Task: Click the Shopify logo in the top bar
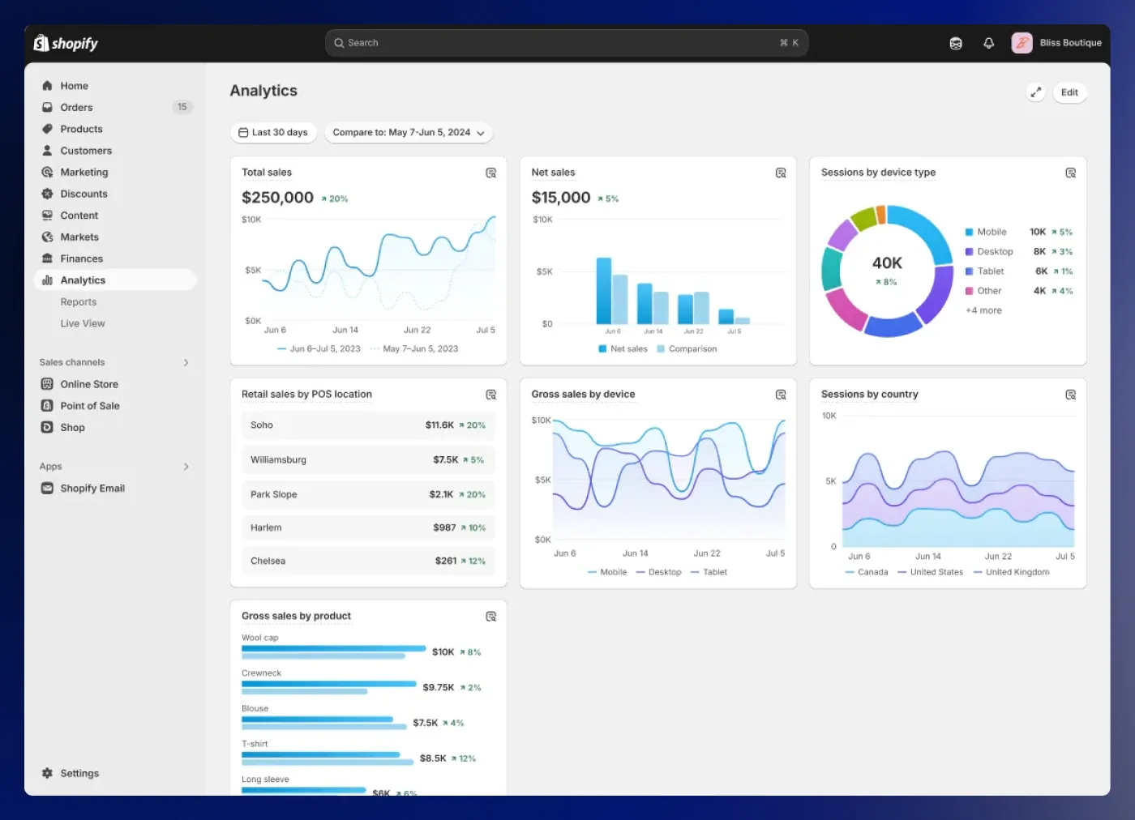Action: click(66, 44)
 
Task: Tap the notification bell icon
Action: click(988, 44)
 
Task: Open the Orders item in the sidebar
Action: click(76, 108)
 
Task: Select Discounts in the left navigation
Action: click(84, 194)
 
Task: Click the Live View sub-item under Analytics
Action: click(83, 323)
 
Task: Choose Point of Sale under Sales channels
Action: click(89, 406)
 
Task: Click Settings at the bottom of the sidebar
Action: click(79, 774)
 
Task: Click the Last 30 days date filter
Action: click(273, 133)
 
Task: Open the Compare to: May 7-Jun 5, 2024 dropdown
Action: click(408, 133)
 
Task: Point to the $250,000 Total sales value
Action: click(277, 198)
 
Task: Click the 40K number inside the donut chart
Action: click(887, 263)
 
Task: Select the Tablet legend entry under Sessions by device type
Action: click(990, 271)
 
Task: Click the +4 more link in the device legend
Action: click(983, 310)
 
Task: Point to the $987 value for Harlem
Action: click(444, 528)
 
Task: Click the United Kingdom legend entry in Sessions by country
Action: click(1017, 572)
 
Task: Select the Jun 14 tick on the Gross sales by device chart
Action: click(635, 553)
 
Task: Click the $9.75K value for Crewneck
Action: click(438, 687)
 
